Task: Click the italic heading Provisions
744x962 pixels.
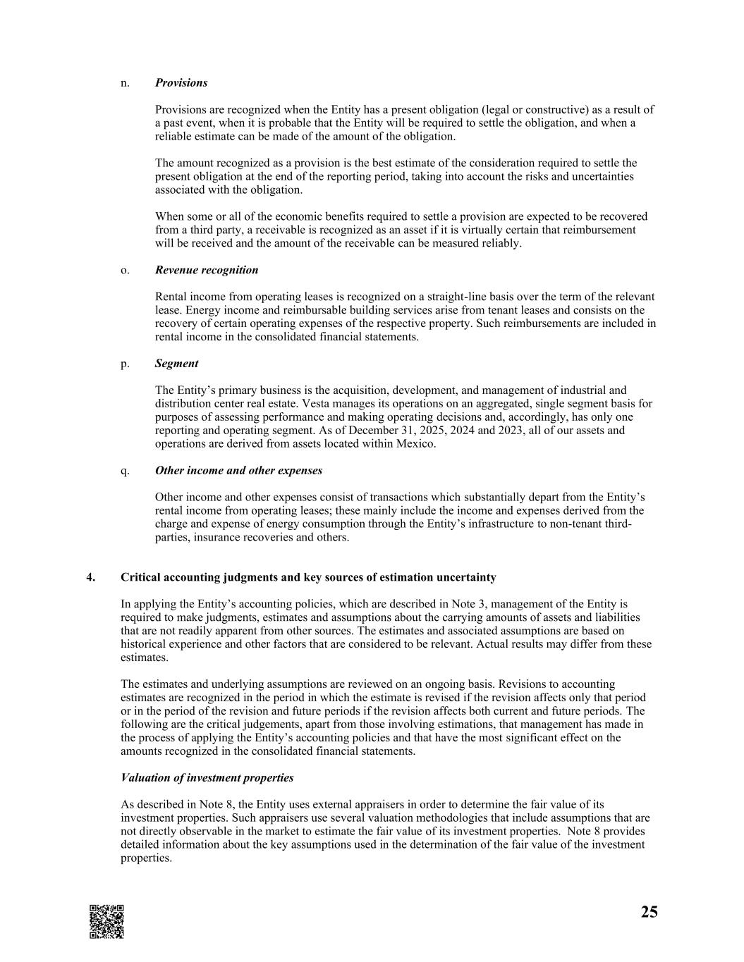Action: tap(181, 82)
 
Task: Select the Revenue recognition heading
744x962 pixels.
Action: tap(207, 270)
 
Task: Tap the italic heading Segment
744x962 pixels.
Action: tap(176, 364)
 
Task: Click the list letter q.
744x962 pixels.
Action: tap(125, 471)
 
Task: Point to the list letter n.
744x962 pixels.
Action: tap(125, 82)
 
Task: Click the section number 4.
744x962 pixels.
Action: tap(90, 577)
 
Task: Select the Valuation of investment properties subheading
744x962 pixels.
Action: tap(207, 778)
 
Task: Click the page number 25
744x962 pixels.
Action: tap(649, 912)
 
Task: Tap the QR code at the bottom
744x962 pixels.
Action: tap(106, 921)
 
